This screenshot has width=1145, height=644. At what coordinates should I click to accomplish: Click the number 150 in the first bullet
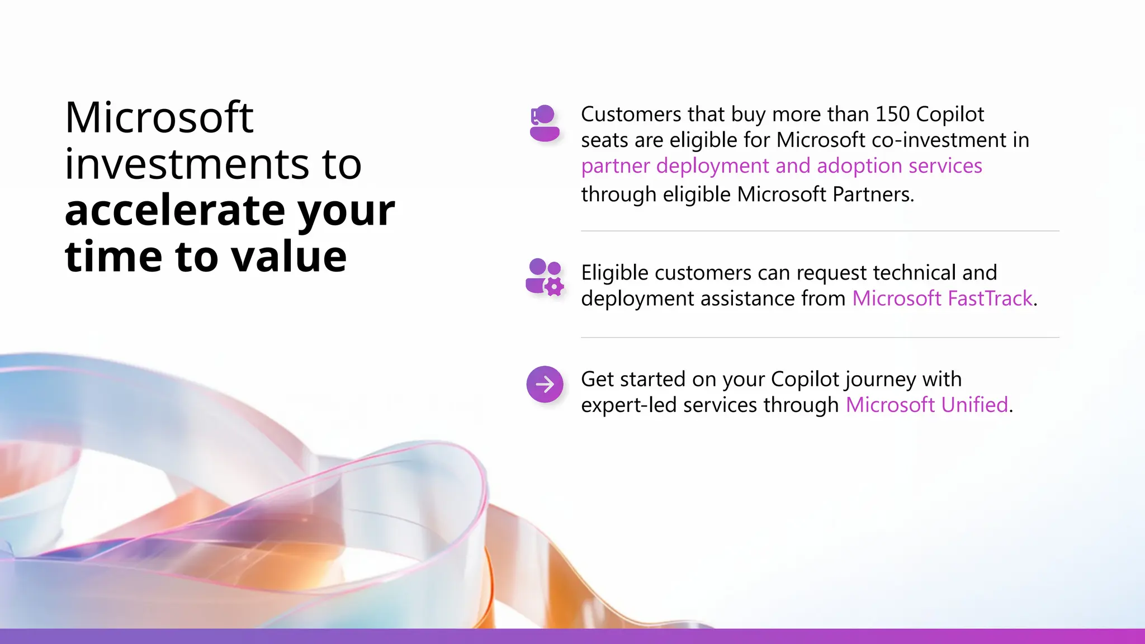(x=892, y=114)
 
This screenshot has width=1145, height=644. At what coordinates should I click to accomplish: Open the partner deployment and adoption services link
(x=781, y=166)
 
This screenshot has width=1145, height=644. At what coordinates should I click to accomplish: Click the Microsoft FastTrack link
(x=942, y=299)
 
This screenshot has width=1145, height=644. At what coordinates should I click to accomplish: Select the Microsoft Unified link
(x=926, y=405)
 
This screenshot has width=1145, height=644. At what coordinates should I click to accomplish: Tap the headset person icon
(x=544, y=123)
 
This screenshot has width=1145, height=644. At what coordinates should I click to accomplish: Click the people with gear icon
(x=545, y=277)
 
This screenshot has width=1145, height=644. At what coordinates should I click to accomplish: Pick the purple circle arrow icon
(x=545, y=384)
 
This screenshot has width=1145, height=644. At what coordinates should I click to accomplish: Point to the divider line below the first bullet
(x=820, y=231)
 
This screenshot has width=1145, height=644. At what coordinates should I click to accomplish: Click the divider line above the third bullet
(x=820, y=338)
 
